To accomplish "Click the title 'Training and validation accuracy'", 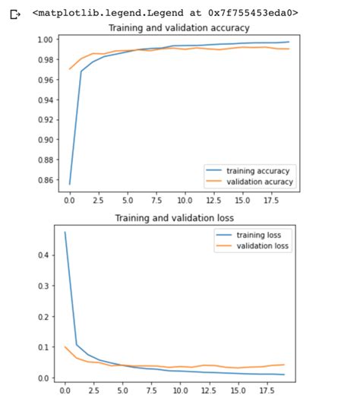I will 178,28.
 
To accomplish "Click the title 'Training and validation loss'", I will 178,218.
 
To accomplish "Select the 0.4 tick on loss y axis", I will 46,255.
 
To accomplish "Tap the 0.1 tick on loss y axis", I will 46,347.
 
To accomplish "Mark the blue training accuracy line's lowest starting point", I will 70,184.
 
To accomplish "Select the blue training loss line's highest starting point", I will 65,233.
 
